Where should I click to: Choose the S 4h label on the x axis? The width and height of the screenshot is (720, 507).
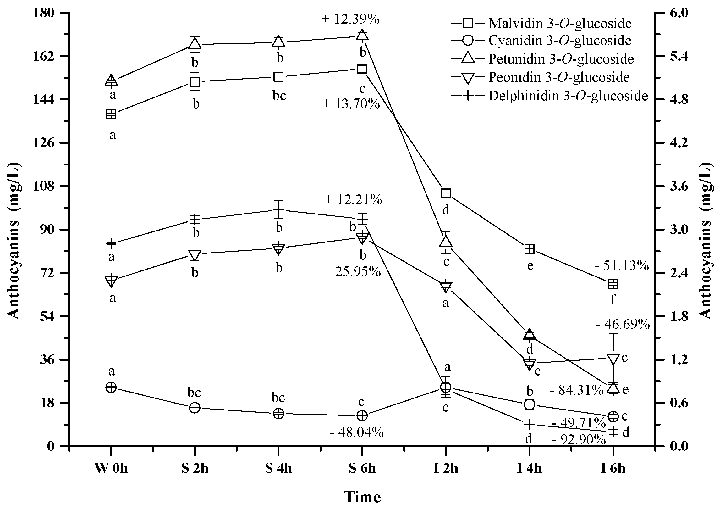click(278, 468)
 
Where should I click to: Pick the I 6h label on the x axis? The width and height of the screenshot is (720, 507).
click(613, 468)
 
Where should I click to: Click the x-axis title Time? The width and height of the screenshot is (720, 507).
click(362, 497)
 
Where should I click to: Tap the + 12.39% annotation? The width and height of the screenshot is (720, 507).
click(350, 19)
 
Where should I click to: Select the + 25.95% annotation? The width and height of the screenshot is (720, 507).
click(352, 271)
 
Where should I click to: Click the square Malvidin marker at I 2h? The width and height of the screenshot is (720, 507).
click(446, 193)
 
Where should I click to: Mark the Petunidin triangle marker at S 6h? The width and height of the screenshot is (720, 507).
click(362, 35)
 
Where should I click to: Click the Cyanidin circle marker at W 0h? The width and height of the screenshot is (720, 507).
click(111, 387)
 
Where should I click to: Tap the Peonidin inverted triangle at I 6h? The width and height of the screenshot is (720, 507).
click(613, 359)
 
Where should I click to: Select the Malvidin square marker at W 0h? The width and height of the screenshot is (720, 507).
click(111, 114)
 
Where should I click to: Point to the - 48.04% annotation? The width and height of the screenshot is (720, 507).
click(357, 433)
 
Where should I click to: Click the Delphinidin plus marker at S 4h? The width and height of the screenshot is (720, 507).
click(278, 209)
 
